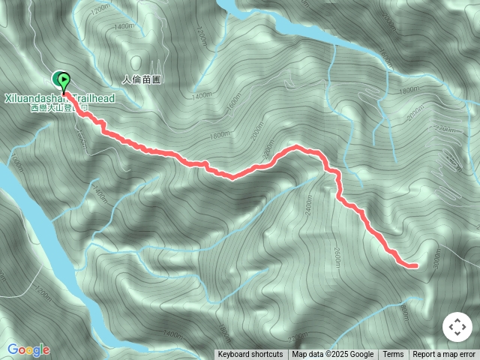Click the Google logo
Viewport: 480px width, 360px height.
28,349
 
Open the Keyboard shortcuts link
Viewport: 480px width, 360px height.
250,355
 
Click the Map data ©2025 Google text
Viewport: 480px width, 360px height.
333,355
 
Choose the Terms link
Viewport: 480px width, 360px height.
393,355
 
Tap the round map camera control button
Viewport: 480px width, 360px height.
457,328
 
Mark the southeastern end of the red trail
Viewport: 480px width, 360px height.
414,265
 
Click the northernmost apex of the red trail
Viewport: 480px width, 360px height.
298,146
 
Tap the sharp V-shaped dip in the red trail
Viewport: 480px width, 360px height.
232,178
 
